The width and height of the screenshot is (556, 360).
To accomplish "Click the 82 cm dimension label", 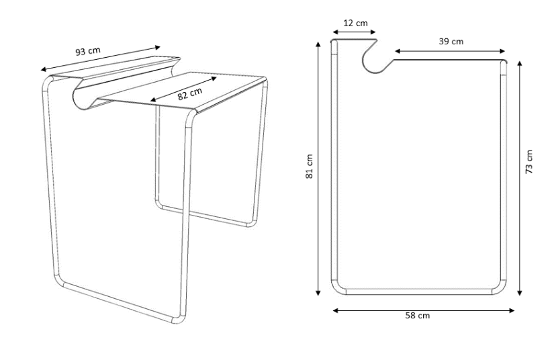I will point(189,94).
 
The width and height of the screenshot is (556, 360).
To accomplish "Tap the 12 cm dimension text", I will point(355,23).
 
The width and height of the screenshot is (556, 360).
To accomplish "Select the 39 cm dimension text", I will point(451,41).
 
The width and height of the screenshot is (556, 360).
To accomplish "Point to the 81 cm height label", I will point(310,167).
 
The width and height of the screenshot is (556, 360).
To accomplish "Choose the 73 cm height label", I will point(530,162).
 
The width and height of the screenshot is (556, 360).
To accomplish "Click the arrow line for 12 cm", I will point(354,31).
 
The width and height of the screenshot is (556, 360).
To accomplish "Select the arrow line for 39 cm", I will point(450,50).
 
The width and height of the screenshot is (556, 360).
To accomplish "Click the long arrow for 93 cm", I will point(101,58).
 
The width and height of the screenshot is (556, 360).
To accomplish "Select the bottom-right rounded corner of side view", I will point(500,287).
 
